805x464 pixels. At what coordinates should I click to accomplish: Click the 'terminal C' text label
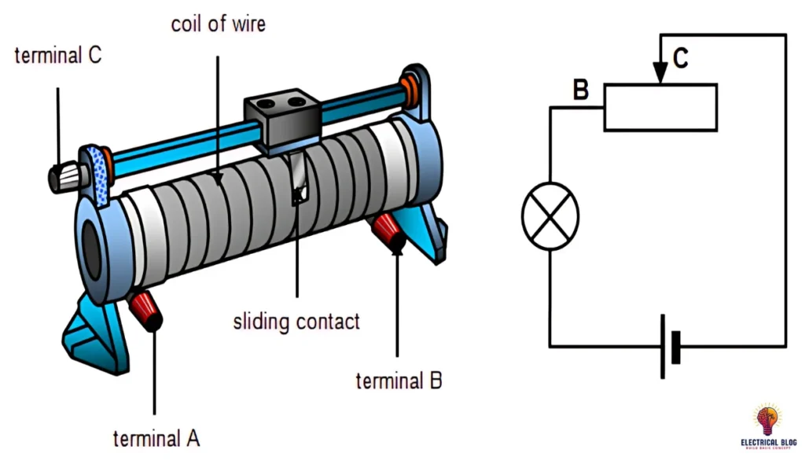(57, 56)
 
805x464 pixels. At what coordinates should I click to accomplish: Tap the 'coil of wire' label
(218, 24)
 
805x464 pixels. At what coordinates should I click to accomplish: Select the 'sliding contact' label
(296, 321)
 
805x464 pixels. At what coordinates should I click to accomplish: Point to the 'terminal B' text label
(399, 381)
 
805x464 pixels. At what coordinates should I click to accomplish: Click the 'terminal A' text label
(156, 438)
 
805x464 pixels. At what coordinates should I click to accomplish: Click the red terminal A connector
(145, 309)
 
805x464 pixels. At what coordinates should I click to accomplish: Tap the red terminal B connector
(389, 232)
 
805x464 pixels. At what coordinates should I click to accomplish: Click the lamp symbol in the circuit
(550, 216)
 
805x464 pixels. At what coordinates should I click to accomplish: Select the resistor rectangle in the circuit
(660, 108)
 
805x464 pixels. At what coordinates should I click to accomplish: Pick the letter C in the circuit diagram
(681, 57)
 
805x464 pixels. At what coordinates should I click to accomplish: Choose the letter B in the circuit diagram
(580, 90)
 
